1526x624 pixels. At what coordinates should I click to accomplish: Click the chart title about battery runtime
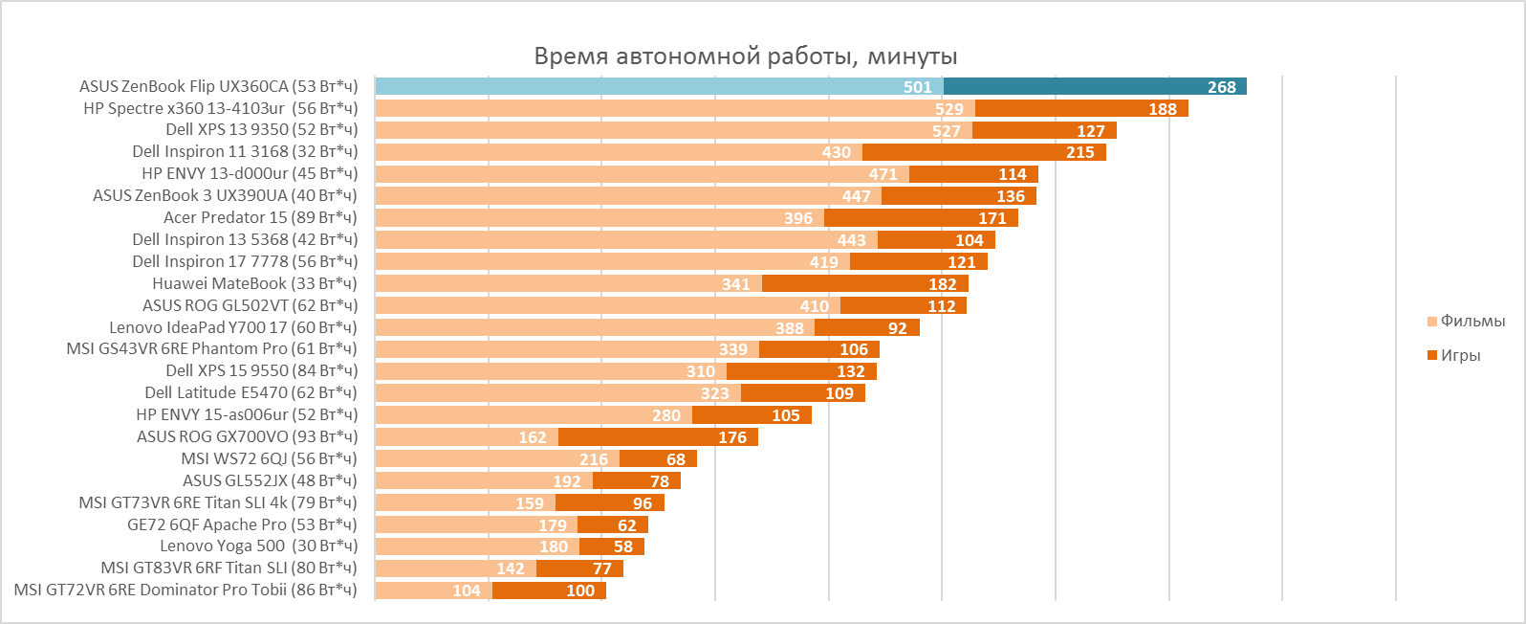click(x=746, y=56)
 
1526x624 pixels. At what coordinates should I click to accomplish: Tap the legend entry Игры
click(x=1460, y=356)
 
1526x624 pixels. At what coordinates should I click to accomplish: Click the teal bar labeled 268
click(x=1095, y=87)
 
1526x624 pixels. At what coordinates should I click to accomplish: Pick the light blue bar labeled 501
click(x=659, y=87)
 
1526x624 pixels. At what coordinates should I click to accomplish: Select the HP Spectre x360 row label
click(x=220, y=108)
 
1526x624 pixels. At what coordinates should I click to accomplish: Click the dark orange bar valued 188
click(x=1080, y=109)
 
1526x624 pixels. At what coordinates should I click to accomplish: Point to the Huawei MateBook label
click(x=254, y=283)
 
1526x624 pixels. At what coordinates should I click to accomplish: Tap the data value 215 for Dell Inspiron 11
click(x=1080, y=153)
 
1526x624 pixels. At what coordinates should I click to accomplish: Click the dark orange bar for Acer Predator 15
click(x=921, y=218)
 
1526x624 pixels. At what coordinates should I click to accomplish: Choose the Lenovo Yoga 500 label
click(x=258, y=546)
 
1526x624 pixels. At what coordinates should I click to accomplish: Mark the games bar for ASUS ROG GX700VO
click(x=658, y=437)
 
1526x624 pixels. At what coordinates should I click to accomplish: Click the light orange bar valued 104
click(x=432, y=591)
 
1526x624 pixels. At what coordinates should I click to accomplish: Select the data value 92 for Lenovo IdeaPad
click(x=897, y=328)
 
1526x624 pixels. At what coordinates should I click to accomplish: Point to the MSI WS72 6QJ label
click(x=269, y=458)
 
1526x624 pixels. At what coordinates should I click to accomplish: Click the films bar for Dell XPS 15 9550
click(x=550, y=371)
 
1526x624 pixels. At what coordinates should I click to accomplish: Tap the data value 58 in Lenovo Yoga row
click(x=623, y=547)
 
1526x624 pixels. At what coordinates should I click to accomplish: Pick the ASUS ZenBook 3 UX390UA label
click(x=225, y=195)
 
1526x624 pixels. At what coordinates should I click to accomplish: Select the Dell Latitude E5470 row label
click(x=251, y=392)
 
